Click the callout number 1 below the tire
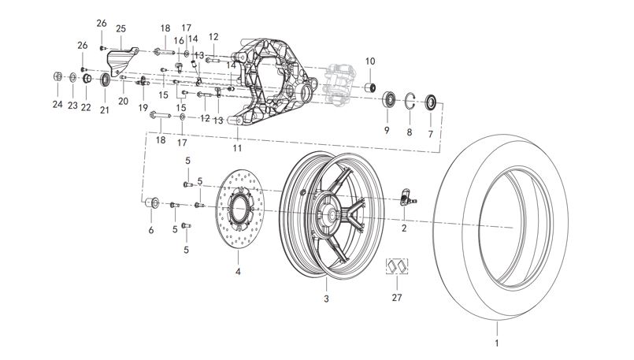pyautogui.click(x=496, y=344)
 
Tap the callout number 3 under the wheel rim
pyautogui.click(x=325, y=299)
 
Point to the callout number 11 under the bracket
pyautogui.click(x=237, y=147)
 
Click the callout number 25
pyautogui.click(x=120, y=28)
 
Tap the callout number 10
pyautogui.click(x=371, y=61)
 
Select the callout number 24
pyautogui.click(x=57, y=104)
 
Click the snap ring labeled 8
pyautogui.click(x=410, y=101)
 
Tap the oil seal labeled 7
pyautogui.click(x=431, y=102)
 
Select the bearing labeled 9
pyautogui.click(x=389, y=101)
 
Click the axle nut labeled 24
pyautogui.click(x=57, y=77)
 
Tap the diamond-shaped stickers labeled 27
pyautogui.click(x=395, y=266)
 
